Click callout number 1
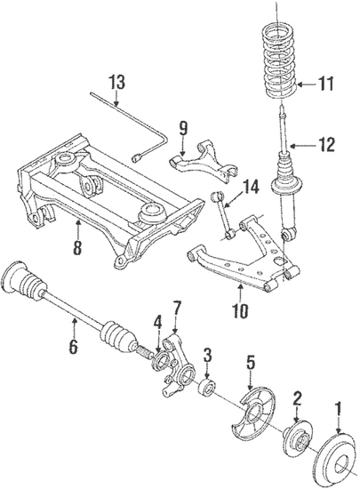click(338, 410)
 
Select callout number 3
click(207, 357)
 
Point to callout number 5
click(251, 362)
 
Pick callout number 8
click(78, 250)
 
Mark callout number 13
click(117, 83)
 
